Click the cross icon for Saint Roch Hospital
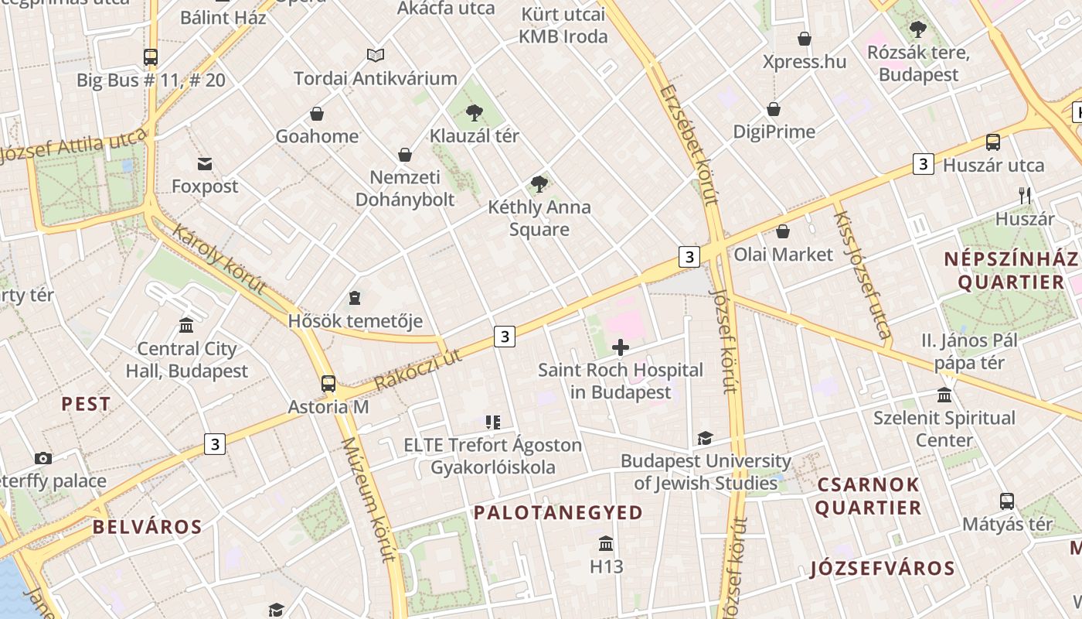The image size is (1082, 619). (620, 347)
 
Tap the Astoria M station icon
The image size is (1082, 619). (328, 383)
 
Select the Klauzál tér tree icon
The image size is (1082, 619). (475, 114)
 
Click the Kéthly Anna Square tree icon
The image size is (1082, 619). (539, 184)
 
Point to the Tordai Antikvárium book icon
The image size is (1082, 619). (376, 56)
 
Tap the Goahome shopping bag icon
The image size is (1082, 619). (317, 115)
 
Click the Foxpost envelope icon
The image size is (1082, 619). (205, 164)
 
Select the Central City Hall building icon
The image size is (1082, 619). (186, 325)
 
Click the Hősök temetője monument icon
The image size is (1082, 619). (355, 298)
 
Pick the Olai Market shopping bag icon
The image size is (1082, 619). (783, 231)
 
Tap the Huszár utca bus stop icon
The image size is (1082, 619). (993, 142)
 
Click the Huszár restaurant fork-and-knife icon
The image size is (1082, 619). (1025, 196)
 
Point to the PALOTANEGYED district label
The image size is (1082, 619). (558, 512)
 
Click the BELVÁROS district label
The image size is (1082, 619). (147, 527)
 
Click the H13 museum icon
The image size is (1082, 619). (606, 543)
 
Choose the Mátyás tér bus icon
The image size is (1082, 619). (1007, 501)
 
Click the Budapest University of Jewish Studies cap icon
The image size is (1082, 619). (705, 439)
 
